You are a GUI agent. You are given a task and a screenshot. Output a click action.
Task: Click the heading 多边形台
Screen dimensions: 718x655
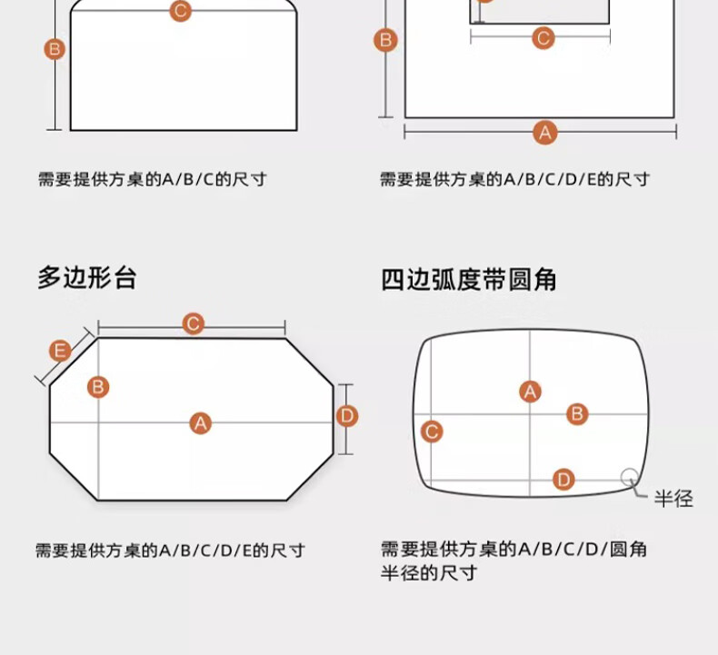point(87,277)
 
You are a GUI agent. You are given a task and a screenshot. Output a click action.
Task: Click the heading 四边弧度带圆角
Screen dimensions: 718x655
point(469,280)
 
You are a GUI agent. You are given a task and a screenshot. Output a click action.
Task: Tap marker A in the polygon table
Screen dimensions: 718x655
point(201,422)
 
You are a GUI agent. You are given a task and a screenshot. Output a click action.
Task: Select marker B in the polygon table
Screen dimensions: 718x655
point(98,387)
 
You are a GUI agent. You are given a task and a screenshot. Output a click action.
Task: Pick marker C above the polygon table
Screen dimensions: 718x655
point(193,324)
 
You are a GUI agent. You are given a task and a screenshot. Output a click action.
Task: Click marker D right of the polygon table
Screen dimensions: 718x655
point(347,416)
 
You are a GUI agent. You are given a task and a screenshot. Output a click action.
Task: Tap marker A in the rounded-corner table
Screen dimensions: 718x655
point(530,392)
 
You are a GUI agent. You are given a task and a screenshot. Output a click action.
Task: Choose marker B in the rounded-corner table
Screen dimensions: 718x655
point(577,414)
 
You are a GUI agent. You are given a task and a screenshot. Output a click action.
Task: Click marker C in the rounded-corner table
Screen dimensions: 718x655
point(433,432)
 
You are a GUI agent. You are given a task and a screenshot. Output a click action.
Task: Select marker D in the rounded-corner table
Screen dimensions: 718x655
point(563,479)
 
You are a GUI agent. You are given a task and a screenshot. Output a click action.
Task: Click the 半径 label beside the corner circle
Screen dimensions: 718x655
point(673,498)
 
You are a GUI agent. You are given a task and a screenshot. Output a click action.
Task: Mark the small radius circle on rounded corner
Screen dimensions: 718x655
point(629,477)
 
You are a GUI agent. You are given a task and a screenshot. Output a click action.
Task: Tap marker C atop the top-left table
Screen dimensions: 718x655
point(180,11)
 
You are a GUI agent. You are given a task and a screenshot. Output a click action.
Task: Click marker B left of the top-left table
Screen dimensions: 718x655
point(55,49)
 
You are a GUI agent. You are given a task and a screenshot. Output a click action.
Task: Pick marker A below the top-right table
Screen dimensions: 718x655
point(544,132)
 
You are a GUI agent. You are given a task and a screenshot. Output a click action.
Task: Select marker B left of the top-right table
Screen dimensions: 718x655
point(385,40)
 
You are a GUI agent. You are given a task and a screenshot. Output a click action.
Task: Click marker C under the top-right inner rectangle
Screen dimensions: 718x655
point(543,38)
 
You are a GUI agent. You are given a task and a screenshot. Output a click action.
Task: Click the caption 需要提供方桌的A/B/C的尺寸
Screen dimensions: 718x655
point(152,179)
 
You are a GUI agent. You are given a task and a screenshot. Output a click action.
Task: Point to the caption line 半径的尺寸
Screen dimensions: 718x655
point(428,572)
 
